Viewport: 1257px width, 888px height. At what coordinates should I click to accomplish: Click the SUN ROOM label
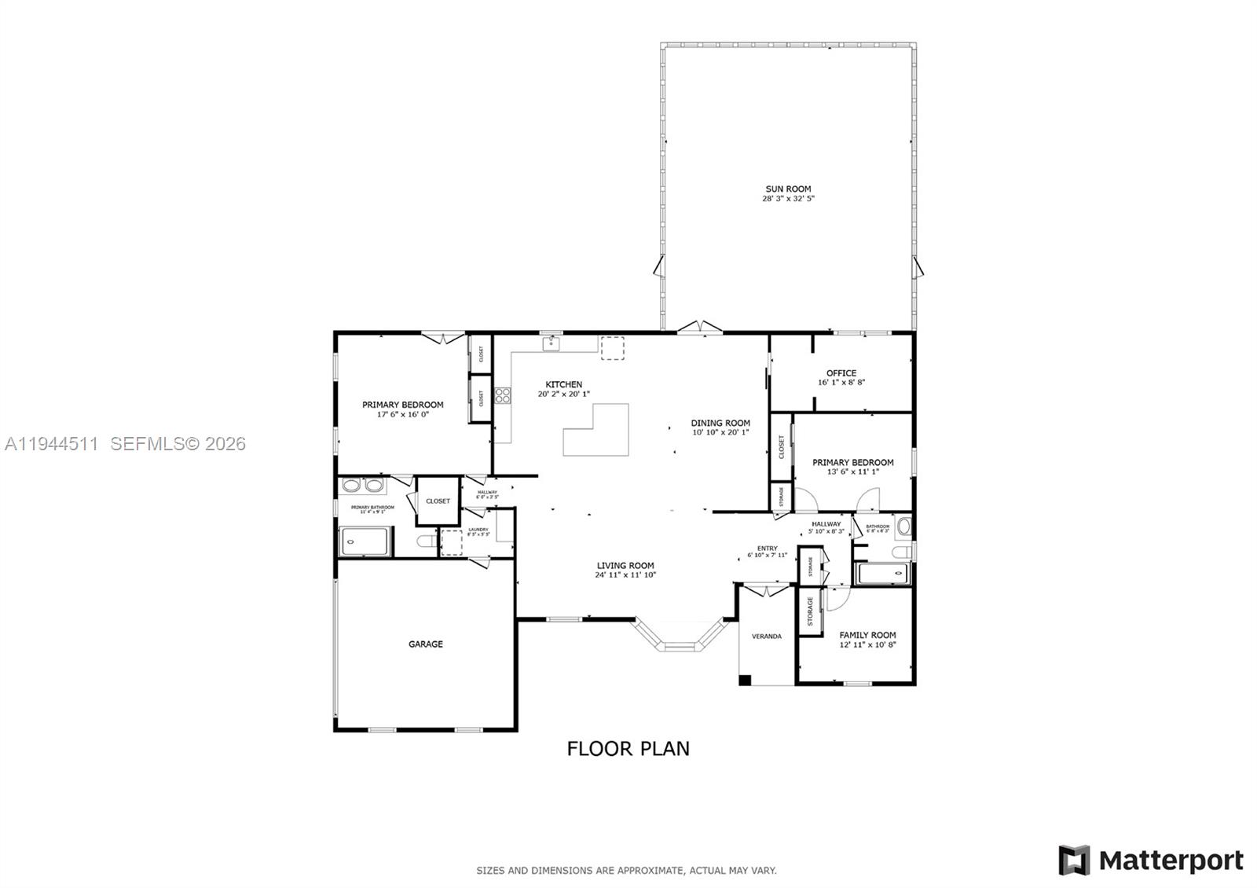pyautogui.click(x=788, y=189)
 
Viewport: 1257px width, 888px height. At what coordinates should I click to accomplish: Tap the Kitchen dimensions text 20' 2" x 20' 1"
pyautogui.click(x=563, y=394)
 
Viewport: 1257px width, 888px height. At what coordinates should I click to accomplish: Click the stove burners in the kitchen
pyautogui.click(x=502, y=394)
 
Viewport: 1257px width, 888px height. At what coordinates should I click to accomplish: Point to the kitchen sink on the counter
pyautogui.click(x=552, y=343)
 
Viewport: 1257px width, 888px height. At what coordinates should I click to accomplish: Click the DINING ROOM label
pyautogui.click(x=720, y=423)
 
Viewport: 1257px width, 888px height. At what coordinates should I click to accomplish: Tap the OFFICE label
pyautogui.click(x=841, y=373)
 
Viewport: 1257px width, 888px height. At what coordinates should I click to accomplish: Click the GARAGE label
pyautogui.click(x=425, y=644)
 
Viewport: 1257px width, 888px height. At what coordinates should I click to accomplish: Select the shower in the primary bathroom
pyautogui.click(x=364, y=541)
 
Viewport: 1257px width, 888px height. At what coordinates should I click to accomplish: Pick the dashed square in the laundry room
pyautogui.click(x=451, y=543)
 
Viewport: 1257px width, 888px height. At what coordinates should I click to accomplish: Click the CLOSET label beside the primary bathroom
pyautogui.click(x=438, y=501)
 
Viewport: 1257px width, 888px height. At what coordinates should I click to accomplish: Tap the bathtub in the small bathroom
pyautogui.click(x=882, y=574)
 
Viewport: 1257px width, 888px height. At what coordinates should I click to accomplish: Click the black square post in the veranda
pyautogui.click(x=745, y=680)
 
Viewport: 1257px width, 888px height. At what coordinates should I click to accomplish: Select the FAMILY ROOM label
pyautogui.click(x=867, y=635)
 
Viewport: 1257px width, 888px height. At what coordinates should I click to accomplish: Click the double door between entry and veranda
pyautogui.click(x=767, y=589)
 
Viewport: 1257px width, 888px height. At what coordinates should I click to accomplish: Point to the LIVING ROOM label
pyautogui.click(x=625, y=565)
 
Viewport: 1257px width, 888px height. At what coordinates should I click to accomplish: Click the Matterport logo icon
pyautogui.click(x=1074, y=860)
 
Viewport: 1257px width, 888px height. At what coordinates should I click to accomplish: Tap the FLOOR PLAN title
pyautogui.click(x=628, y=748)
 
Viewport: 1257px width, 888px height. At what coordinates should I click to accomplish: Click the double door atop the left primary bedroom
pyautogui.click(x=442, y=338)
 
